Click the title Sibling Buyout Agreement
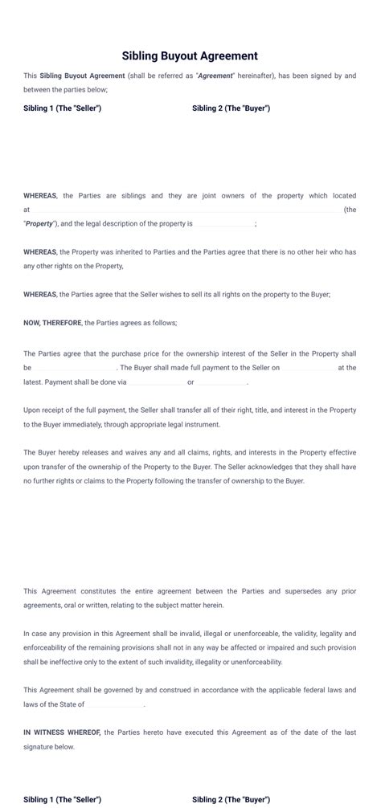pyautogui.click(x=190, y=56)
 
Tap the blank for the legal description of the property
pyautogui.click(x=225, y=223)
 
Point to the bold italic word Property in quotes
pyautogui.click(x=40, y=223)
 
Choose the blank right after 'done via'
pyautogui.click(x=156, y=382)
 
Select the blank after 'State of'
pyautogui.click(x=115, y=704)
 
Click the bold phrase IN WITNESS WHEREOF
pyautogui.click(x=62, y=733)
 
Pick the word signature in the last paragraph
pyautogui.click(x=42, y=746)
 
